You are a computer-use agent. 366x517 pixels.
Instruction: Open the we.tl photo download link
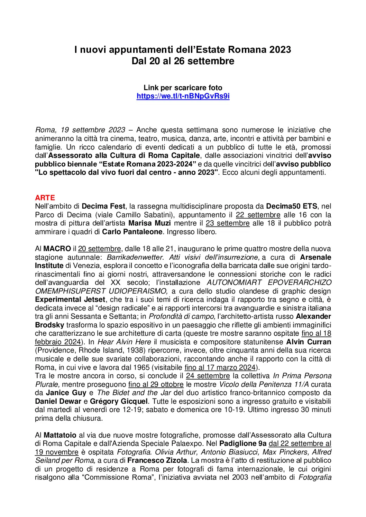tap(183, 96)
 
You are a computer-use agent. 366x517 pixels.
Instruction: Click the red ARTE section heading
tap(45, 198)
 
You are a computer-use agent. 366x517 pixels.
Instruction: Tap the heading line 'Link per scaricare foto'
tap(183, 88)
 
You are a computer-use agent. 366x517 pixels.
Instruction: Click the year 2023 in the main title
tap(280, 50)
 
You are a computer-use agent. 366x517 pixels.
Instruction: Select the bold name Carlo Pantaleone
tap(132, 232)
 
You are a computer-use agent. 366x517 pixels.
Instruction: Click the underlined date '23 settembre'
tap(228, 223)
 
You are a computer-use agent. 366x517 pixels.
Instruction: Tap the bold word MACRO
tap(57, 249)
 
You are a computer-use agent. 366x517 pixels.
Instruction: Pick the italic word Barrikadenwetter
tap(135, 257)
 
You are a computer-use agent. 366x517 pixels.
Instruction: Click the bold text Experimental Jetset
tap(70, 299)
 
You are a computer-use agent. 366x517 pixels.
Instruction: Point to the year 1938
tap(136, 350)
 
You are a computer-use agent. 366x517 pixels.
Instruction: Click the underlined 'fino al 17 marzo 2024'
tap(220, 367)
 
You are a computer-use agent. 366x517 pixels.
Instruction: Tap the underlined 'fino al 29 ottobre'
tap(156, 384)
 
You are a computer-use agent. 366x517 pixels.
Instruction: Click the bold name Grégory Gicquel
tap(119, 401)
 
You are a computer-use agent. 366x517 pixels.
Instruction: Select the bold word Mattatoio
tap(60, 435)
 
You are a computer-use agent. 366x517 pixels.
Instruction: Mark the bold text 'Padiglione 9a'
tap(243, 443)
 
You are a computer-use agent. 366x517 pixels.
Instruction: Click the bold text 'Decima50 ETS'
tap(291, 206)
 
